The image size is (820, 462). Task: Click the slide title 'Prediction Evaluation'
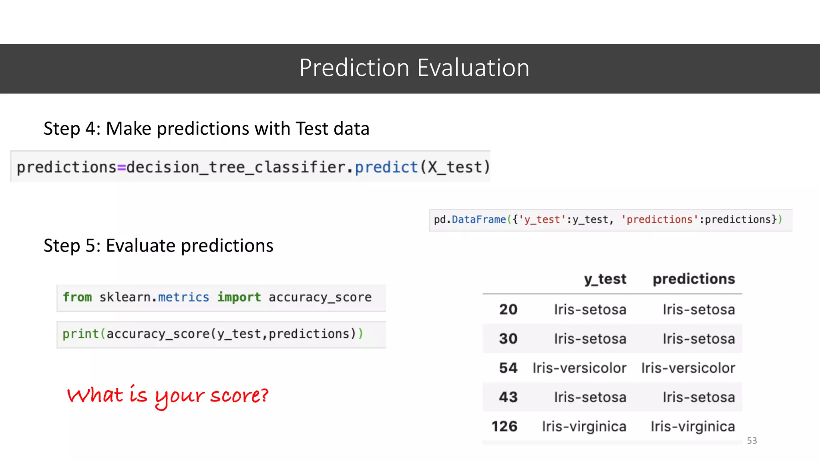click(x=414, y=68)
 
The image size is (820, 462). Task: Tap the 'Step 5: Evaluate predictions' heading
click(x=158, y=245)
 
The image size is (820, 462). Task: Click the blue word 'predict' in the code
click(x=386, y=167)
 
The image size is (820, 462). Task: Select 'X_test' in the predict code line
click(x=454, y=167)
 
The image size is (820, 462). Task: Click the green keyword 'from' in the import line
click(x=77, y=297)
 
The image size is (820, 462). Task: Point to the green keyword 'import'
click(x=239, y=297)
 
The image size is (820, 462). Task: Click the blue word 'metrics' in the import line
click(x=183, y=297)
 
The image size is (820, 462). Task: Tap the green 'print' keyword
click(x=80, y=334)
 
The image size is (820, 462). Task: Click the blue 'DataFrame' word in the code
click(x=478, y=220)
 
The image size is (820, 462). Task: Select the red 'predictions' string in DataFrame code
click(x=659, y=220)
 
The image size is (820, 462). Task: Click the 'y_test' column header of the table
click(x=605, y=279)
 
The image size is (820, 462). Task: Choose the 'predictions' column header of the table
click(x=694, y=279)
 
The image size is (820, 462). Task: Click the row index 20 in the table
click(x=508, y=310)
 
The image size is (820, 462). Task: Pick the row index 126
click(x=504, y=426)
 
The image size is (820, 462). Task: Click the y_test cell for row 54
click(x=579, y=368)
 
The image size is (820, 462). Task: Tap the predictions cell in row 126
click(x=693, y=426)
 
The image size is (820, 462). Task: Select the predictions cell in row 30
click(x=699, y=339)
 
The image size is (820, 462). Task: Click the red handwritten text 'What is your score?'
click(x=167, y=396)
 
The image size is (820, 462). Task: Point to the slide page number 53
click(x=752, y=441)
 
